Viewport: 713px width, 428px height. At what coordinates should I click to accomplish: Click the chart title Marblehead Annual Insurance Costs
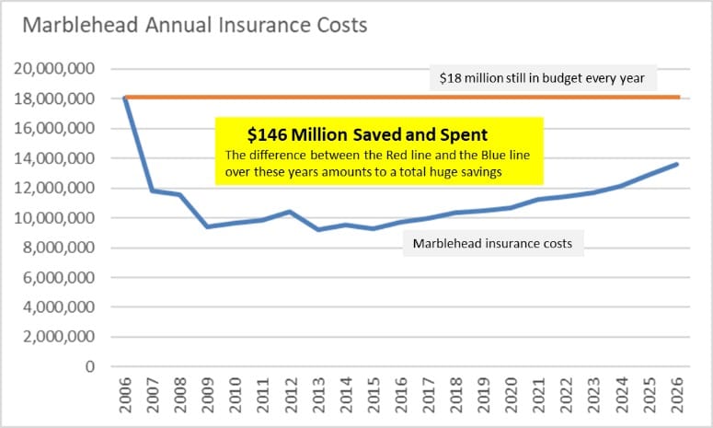194,25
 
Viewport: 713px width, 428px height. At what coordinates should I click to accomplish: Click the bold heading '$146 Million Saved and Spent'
368,133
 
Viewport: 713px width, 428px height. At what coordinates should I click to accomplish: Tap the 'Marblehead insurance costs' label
493,244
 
